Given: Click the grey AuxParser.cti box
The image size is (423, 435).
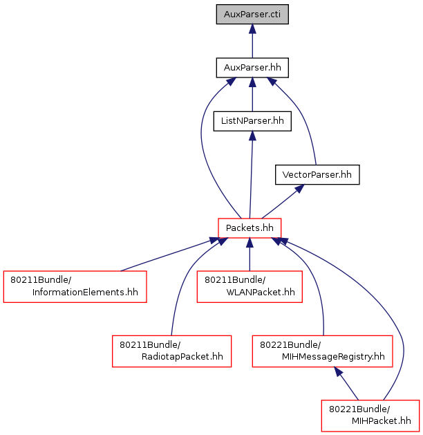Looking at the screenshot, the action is (252, 14).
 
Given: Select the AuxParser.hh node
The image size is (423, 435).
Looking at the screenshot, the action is (252, 68).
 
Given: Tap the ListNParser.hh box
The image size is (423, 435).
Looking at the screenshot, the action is (252, 121).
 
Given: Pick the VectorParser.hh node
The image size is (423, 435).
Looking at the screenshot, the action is (317, 175).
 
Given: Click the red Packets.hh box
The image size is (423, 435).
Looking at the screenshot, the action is (250, 228).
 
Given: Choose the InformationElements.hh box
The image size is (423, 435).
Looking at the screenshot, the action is (75, 286).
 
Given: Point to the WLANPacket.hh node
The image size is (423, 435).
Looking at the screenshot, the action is (250, 286).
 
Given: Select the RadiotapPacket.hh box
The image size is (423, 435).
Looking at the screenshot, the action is (171, 351).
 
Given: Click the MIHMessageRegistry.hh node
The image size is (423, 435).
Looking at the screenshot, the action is (322, 351).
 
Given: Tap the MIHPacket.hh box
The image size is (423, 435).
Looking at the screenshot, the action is (370, 416).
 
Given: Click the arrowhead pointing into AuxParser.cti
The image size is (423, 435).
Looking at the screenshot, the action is (252, 29).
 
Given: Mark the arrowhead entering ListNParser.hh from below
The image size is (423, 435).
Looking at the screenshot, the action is (252, 136).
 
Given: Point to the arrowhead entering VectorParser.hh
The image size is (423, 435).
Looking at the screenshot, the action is (299, 189).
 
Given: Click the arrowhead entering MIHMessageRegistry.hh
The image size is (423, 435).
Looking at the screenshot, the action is (339, 372).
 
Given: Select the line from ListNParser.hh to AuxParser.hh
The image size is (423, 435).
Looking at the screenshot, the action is (252, 95).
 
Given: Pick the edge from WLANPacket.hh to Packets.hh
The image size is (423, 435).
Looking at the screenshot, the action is (250, 254).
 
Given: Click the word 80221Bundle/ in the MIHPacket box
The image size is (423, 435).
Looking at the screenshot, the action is (359, 409).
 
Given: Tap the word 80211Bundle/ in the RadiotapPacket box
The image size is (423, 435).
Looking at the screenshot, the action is (150, 345).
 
